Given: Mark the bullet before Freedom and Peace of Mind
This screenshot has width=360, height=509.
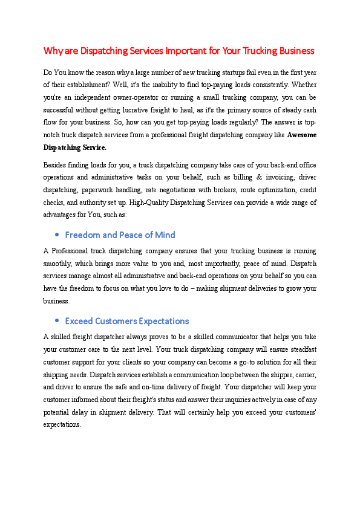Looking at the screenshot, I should [56, 235].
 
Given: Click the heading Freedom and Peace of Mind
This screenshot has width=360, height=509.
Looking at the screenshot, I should [120, 235].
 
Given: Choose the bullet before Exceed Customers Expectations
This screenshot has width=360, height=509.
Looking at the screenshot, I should [56, 321].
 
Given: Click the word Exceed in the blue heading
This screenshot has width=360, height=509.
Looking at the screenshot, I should [79, 321].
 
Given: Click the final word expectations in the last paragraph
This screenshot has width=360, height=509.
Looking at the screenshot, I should [62, 425].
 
